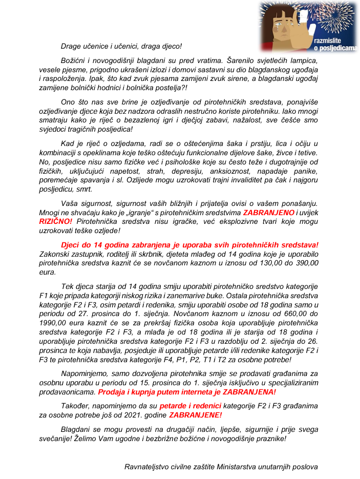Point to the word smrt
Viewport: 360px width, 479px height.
coord(84,189)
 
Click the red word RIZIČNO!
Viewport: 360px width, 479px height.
coord(56,221)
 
